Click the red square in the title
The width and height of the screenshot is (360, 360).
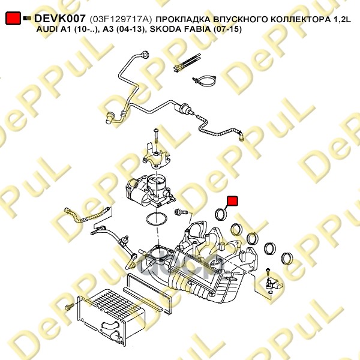click(12, 19)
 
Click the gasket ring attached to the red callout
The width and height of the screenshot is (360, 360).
click(221, 215)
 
